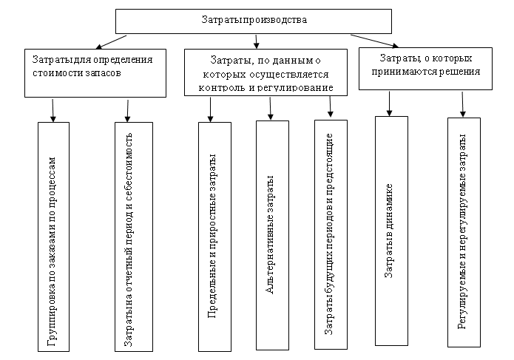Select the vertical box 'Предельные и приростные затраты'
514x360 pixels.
213,236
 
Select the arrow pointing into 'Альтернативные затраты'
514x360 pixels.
271,107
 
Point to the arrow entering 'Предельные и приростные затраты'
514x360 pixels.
212,108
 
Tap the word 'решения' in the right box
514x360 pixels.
461,72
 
